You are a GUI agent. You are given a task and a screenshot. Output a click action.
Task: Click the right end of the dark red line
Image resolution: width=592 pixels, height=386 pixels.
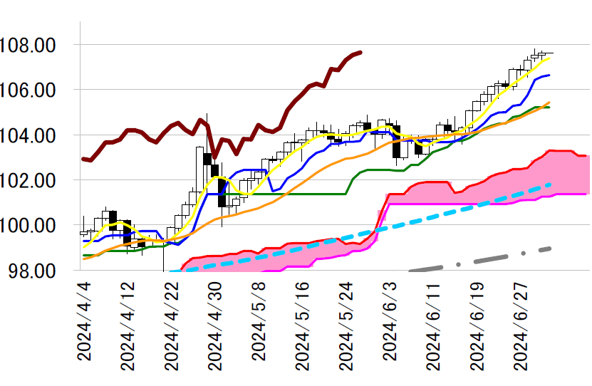(360, 52)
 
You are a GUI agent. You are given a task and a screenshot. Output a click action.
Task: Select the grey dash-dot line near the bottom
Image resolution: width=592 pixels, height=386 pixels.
(484, 259)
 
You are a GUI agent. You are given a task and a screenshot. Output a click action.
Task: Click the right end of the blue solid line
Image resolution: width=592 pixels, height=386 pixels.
(548, 75)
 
